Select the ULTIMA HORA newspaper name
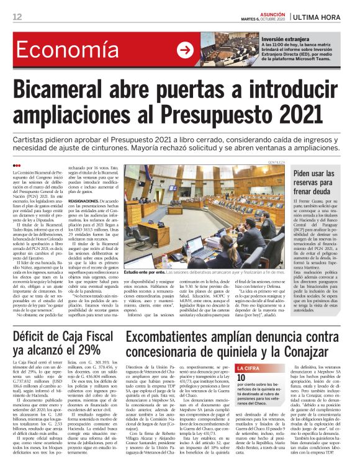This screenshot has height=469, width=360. (323, 17)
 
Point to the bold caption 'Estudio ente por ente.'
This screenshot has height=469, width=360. (143, 290)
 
